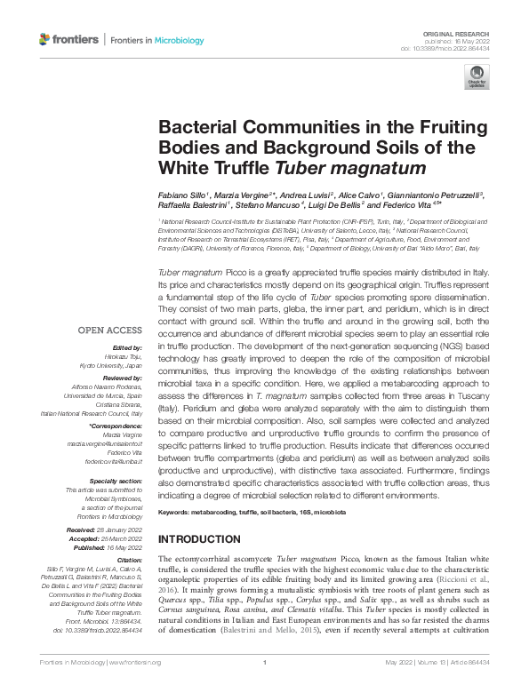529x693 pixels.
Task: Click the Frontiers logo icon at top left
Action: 46,39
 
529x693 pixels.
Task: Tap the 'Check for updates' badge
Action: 477,76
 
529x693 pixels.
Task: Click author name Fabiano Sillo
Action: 181,194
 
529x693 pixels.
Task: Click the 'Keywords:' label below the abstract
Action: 177,514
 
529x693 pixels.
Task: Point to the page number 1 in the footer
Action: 265,662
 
